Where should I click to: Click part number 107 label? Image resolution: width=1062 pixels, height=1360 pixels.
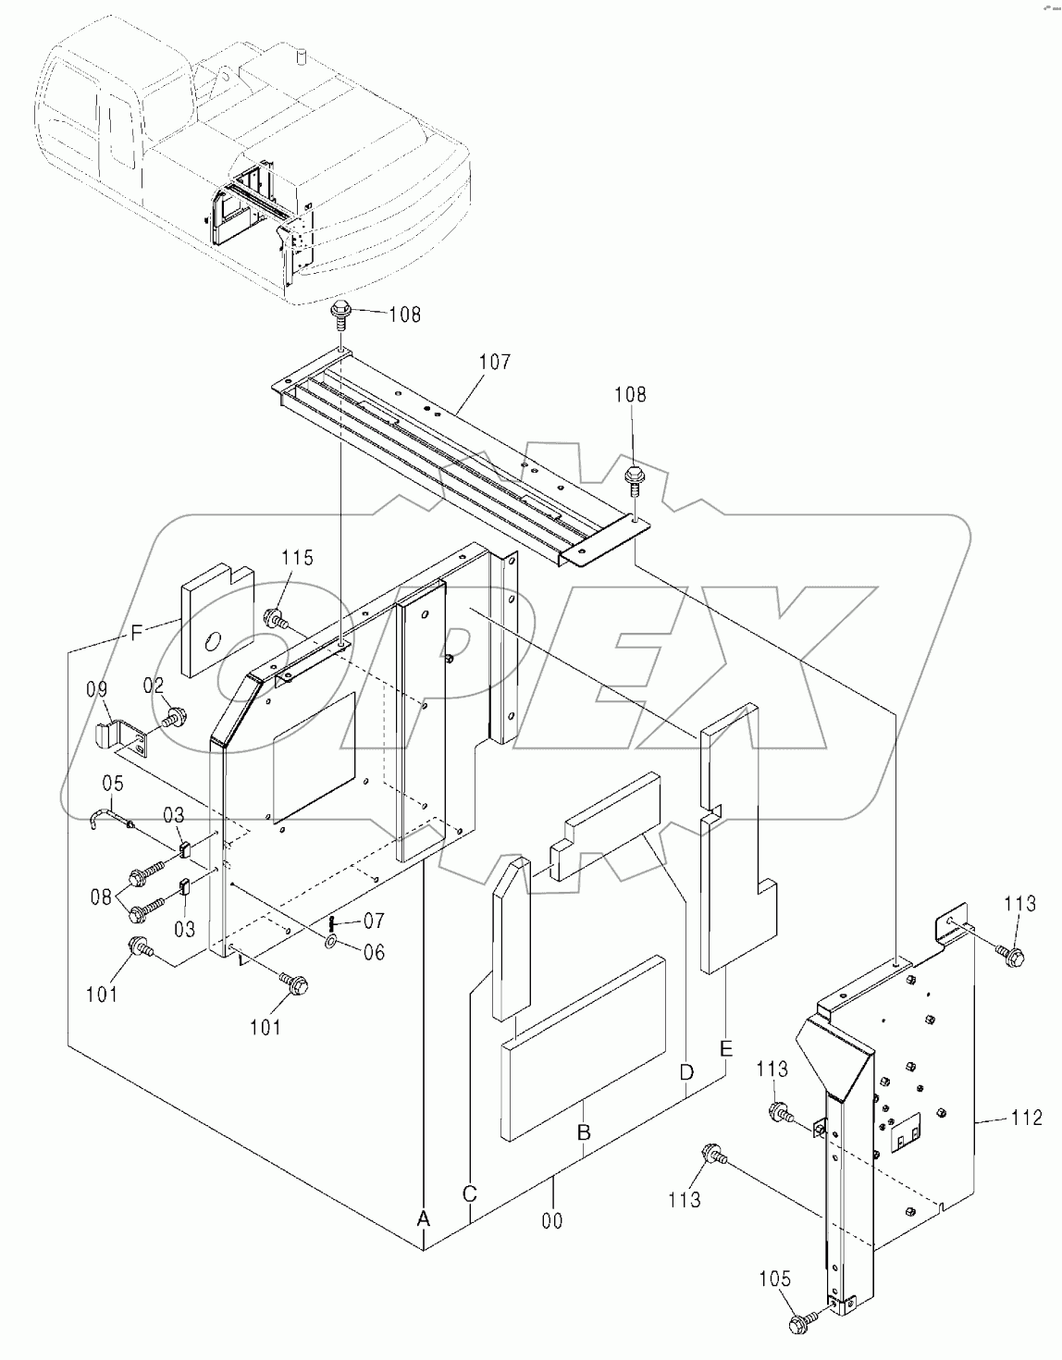coord(494,362)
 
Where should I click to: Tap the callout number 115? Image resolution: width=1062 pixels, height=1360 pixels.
coord(298,558)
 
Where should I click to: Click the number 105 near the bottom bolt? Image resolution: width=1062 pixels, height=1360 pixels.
coord(775,1279)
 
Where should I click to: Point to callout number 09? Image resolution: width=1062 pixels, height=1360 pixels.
coord(97,689)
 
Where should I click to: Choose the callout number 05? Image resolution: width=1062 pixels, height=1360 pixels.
coord(112,785)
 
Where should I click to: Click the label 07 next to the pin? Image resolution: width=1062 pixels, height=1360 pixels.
coord(373,921)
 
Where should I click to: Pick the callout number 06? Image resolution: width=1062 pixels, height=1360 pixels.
coord(373,952)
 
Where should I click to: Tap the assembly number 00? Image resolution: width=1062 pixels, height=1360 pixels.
coord(551,1220)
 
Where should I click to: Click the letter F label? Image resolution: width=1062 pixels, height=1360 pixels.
coord(136,633)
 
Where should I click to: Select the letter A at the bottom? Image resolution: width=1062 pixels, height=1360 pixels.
coord(423,1218)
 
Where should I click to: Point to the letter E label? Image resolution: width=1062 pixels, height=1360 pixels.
coord(725,1048)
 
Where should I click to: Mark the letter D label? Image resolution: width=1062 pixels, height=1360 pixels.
coord(685,1072)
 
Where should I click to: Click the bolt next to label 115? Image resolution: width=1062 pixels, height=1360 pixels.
coord(274,617)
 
